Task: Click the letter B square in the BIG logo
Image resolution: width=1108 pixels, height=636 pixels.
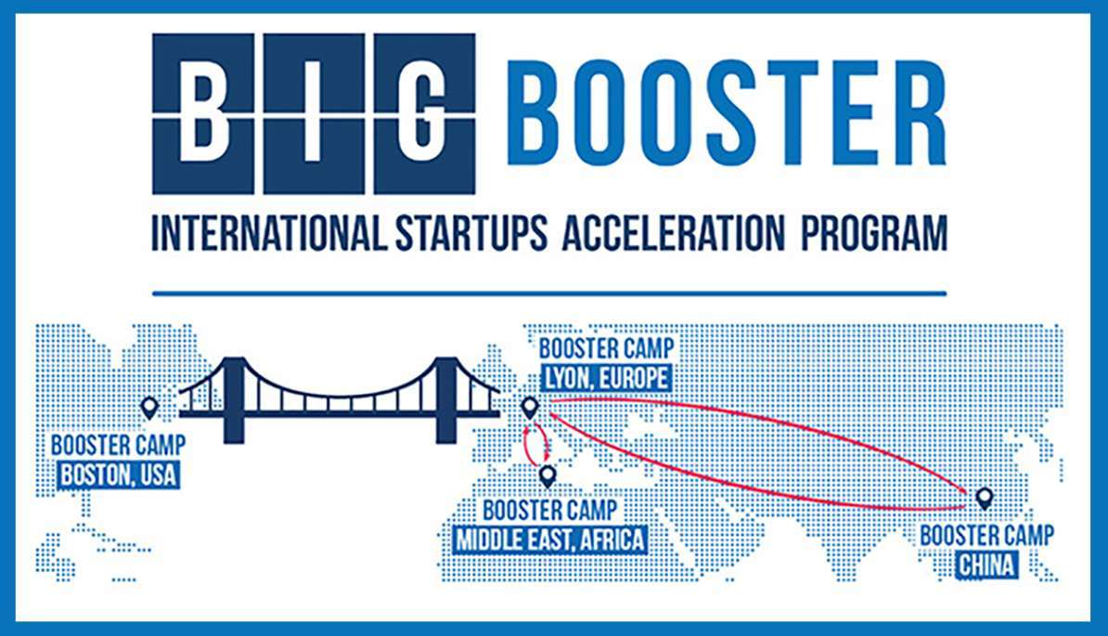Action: (x=203, y=114)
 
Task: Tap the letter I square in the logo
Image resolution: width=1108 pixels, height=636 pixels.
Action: (x=314, y=114)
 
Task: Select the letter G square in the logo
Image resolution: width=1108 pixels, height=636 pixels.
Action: (x=425, y=114)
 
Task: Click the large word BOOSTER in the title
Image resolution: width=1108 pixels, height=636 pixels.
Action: (x=727, y=113)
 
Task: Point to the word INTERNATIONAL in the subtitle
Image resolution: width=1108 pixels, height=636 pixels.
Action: (x=269, y=233)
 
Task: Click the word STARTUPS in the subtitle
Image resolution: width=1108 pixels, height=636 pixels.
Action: (x=471, y=233)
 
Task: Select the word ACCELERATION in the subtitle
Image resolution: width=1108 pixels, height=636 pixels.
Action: (x=674, y=233)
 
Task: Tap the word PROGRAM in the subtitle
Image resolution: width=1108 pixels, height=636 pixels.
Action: (x=873, y=233)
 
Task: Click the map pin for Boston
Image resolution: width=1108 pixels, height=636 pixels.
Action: (x=149, y=408)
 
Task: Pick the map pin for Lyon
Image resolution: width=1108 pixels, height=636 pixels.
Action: (x=529, y=408)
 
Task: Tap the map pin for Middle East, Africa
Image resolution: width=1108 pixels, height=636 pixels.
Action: (x=547, y=476)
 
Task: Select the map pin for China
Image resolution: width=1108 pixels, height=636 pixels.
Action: (x=984, y=499)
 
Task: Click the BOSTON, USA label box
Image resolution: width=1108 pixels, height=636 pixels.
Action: (x=119, y=474)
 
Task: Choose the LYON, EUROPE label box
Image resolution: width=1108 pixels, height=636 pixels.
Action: (x=607, y=378)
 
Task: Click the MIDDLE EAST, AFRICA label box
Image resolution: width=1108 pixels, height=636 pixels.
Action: (x=550, y=539)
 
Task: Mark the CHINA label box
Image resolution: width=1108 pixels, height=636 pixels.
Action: (x=987, y=565)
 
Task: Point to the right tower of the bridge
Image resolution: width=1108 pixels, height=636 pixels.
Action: (x=445, y=400)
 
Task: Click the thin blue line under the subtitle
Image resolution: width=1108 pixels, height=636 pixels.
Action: (x=549, y=293)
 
